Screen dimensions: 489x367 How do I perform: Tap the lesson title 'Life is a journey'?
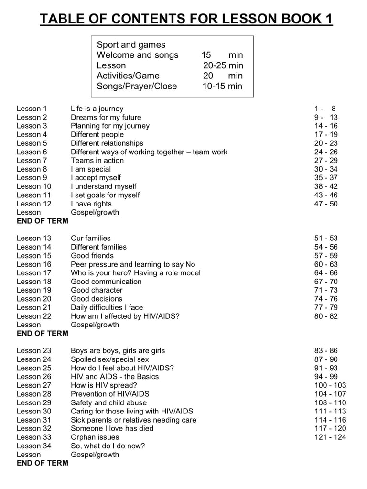coord(97,109)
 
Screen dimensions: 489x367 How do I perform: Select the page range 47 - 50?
coord(326,204)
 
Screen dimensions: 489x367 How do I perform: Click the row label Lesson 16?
coord(34,264)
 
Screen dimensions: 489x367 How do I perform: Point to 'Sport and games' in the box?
coord(131,45)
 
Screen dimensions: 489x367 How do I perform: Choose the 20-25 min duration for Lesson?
coord(223,65)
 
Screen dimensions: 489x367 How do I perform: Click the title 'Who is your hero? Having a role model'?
coord(136,273)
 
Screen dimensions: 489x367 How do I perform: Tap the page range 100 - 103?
coord(330,385)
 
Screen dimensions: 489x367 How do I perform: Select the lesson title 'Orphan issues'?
coord(95,437)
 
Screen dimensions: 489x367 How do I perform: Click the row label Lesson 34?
coord(34,446)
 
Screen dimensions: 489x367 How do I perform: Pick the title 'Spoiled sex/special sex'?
coord(110,359)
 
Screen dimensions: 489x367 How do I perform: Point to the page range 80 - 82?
coord(326,316)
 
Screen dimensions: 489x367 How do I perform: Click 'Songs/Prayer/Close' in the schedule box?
coord(137,87)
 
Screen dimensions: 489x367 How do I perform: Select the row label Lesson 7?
coord(32,161)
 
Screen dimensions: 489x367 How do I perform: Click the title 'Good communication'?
coord(106,282)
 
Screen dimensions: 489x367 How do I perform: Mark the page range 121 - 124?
coord(330,437)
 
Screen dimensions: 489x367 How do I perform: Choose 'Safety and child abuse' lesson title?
coord(109,402)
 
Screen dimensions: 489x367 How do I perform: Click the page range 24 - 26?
coord(326,152)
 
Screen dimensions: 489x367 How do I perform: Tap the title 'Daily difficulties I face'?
coord(107,307)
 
